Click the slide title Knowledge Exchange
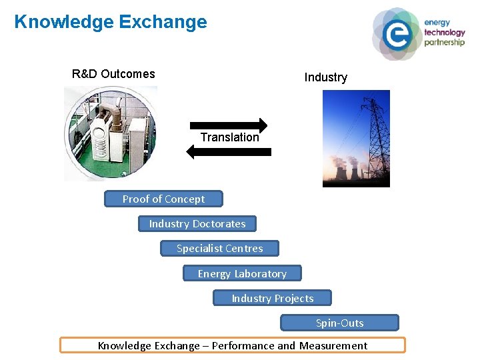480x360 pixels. pos(111,22)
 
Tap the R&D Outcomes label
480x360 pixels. pos(113,74)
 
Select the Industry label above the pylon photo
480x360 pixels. pos(325,77)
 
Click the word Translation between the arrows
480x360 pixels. pos(229,137)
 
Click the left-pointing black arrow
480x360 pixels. pos(229,152)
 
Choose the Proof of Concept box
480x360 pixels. pos(163,199)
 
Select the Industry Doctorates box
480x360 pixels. pos(197,224)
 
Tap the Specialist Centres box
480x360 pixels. pos(219,249)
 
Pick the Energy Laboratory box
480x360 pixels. pos(242,273)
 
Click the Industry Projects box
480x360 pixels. pos(272,298)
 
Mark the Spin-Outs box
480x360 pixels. pos(339,323)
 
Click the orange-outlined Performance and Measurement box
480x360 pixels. pos(232,345)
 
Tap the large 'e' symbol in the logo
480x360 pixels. pos(397,34)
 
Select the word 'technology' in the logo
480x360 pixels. pos(444,32)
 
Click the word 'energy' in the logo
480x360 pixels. pos(437,23)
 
